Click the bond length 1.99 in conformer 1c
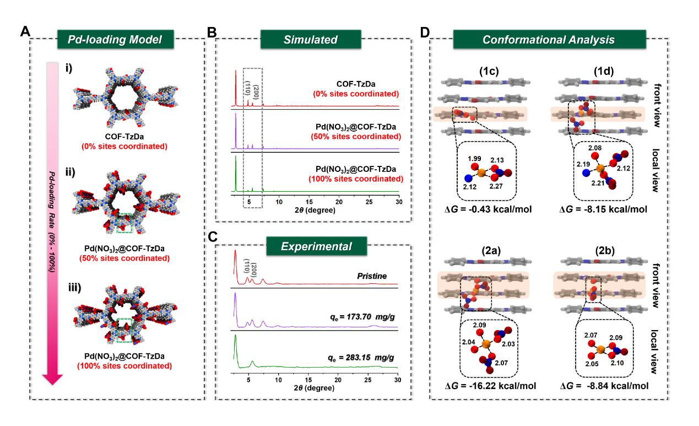point(473,159)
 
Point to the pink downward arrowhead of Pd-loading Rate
point(53,379)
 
